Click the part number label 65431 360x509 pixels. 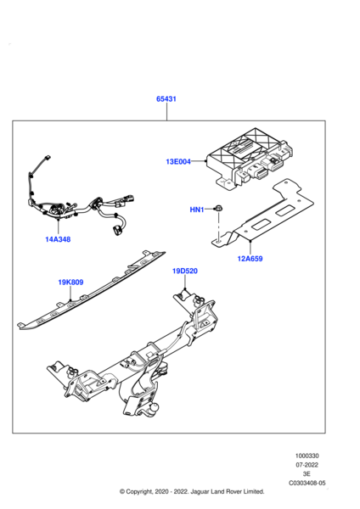(166, 99)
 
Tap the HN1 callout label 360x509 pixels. (196, 209)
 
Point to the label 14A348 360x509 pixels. (58, 239)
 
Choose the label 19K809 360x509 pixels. (70, 282)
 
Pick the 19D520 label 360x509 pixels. (185, 271)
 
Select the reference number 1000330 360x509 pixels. (307, 456)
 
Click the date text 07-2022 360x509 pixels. (307, 465)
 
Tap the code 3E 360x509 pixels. (307, 474)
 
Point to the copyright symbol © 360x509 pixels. (123, 492)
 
